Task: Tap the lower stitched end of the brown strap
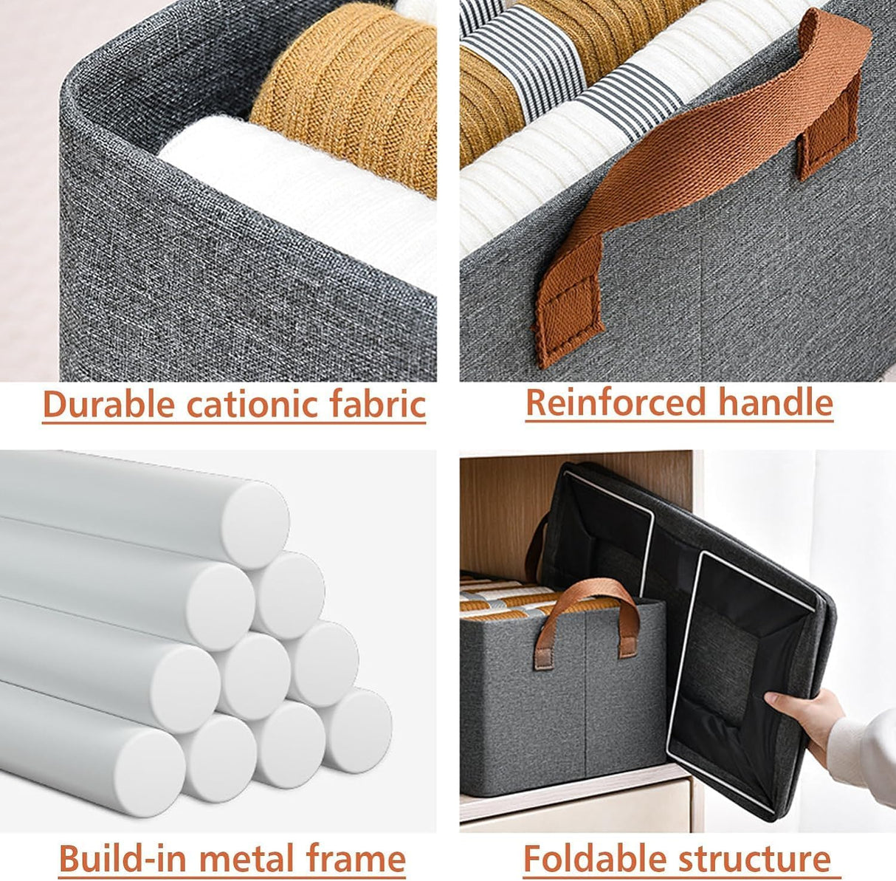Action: click(x=568, y=310)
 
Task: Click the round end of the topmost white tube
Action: click(x=255, y=514)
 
